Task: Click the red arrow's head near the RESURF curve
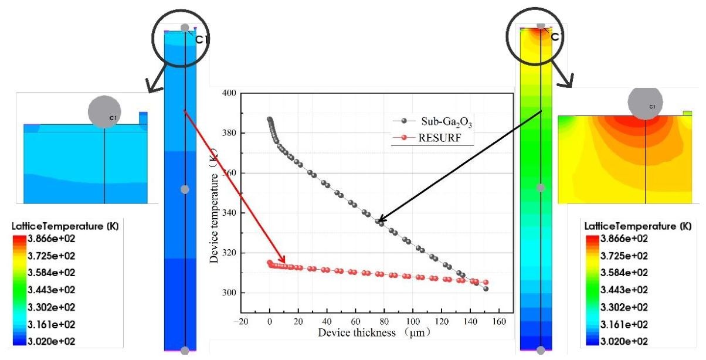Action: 285,263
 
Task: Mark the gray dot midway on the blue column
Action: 185,189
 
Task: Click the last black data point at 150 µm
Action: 486,289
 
